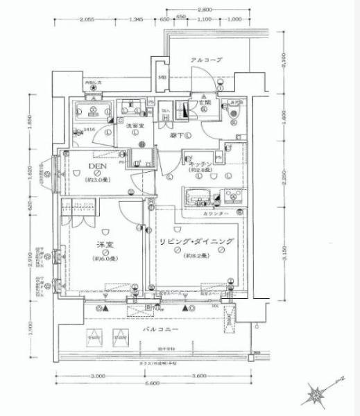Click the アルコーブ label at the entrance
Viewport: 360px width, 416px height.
pos(206,60)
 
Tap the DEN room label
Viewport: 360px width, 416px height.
pos(97,167)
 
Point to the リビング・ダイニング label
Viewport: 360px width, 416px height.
pos(196,242)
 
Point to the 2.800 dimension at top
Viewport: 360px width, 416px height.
pos(205,10)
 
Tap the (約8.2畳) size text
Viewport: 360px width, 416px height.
pos(196,256)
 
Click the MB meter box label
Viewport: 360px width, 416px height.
pos(162,76)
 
